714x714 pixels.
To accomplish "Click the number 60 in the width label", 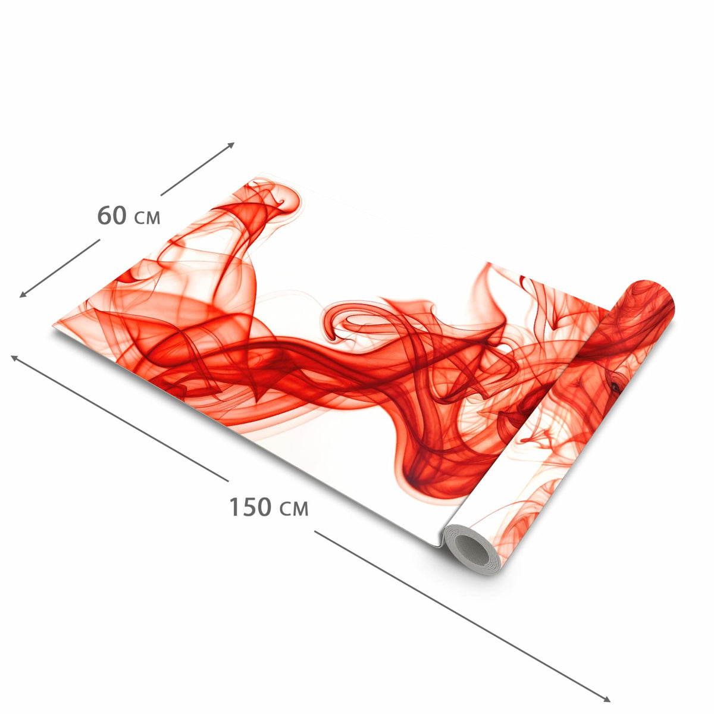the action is (111, 215).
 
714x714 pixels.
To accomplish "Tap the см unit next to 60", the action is (147, 218).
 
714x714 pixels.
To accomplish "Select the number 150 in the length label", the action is (250, 506).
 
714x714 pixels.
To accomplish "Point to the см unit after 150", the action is (294, 509).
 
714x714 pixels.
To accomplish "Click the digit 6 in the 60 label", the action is (104, 215).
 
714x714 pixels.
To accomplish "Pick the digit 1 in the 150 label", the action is (234, 506).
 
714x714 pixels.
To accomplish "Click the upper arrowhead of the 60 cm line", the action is (231, 145).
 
